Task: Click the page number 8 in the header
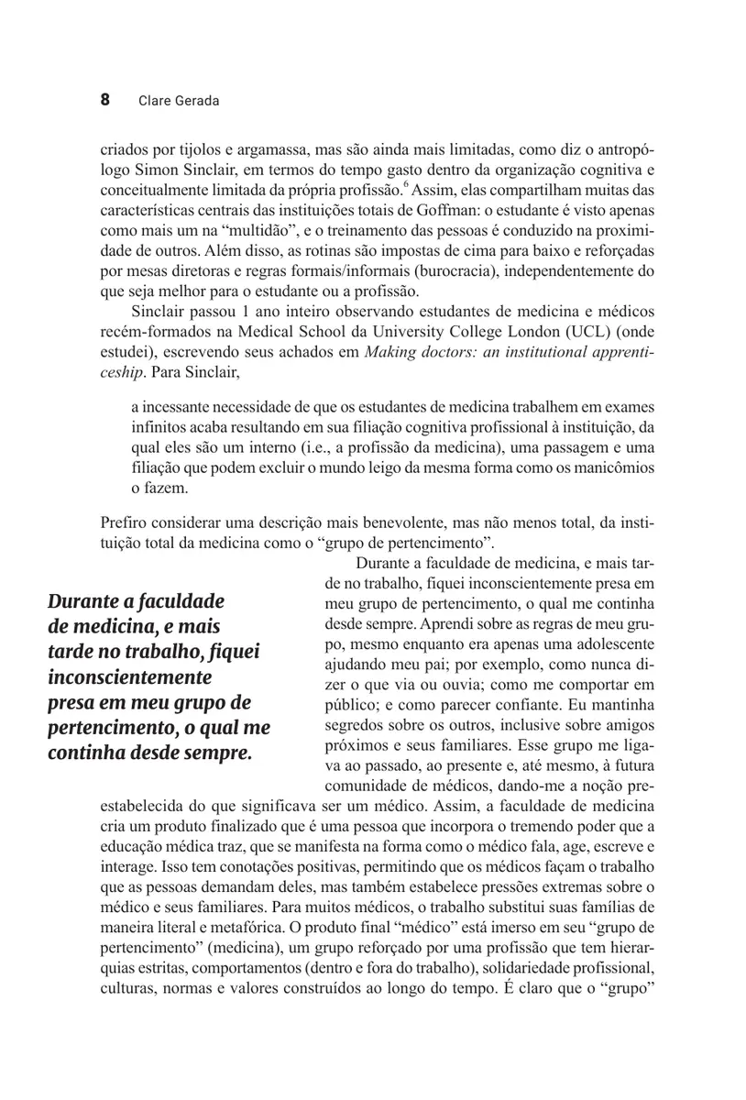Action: [104, 100]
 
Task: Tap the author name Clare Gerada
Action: [179, 101]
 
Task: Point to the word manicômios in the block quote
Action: [611, 468]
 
